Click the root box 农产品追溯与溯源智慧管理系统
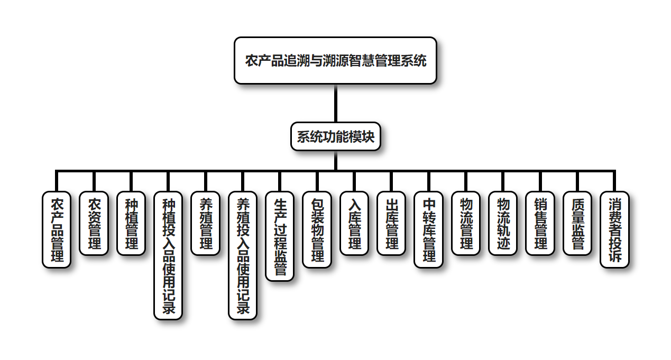(335, 60)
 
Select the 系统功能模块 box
(335, 137)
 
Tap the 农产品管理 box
(57, 229)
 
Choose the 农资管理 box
(94, 223)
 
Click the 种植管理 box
(131, 223)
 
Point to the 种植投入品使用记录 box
(168, 255)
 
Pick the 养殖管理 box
(206, 223)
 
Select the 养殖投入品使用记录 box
(243, 255)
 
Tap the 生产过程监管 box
(280, 236)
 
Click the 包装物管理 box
(317, 229)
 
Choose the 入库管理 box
(354, 223)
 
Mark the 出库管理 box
(392, 223)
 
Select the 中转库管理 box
(429, 229)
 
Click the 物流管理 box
(466, 223)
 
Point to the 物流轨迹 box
(503, 223)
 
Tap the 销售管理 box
(540, 223)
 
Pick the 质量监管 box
(577, 223)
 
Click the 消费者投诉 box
(615, 229)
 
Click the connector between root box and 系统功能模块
(335, 103)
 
